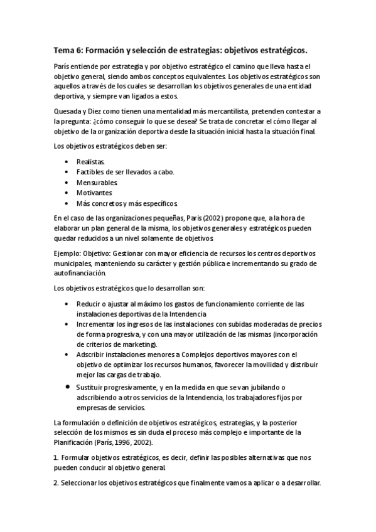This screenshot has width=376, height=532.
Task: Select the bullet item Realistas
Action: click(x=91, y=162)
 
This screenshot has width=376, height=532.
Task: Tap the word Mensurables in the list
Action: click(x=95, y=183)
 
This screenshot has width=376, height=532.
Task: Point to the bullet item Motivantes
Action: click(x=94, y=193)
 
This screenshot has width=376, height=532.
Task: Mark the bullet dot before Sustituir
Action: click(x=68, y=386)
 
